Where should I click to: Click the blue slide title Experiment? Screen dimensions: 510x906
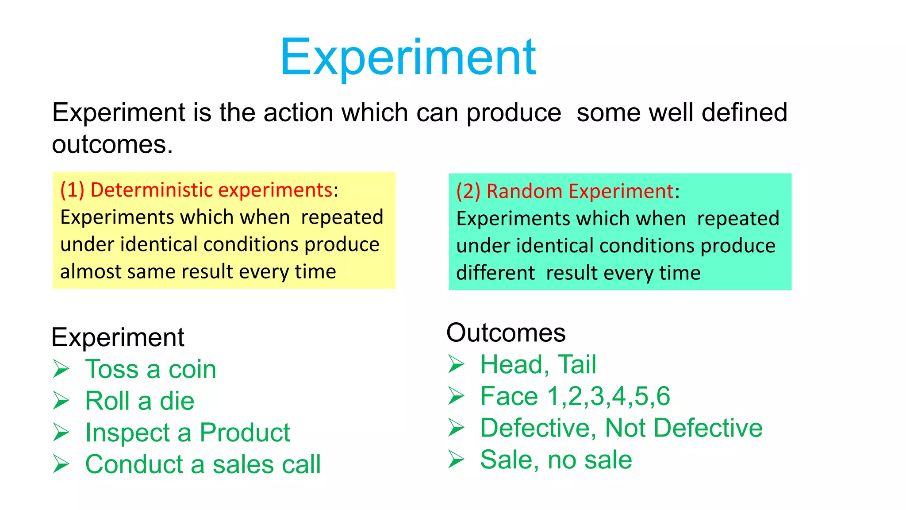click(x=408, y=58)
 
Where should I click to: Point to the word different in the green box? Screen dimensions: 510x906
click(x=495, y=273)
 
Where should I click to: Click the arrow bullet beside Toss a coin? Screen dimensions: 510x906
click(x=61, y=369)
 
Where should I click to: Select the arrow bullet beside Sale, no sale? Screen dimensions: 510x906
click(x=456, y=459)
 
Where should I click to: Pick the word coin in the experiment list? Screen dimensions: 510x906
click(x=192, y=370)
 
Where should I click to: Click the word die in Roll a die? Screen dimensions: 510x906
click(x=177, y=402)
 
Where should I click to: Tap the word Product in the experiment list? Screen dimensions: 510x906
click(x=245, y=433)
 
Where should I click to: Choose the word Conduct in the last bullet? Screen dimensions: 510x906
click(x=134, y=465)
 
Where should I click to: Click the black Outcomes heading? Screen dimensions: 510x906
click(x=506, y=333)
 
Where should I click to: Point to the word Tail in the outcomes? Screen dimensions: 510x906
click(x=577, y=365)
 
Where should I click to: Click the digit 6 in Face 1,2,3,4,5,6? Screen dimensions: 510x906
click(x=663, y=396)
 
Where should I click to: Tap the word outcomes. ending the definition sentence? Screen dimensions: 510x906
click(x=112, y=145)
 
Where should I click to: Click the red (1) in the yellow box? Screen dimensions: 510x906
click(x=72, y=190)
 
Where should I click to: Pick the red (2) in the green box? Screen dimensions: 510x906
click(x=468, y=192)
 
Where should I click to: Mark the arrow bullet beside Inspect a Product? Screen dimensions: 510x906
click(x=61, y=433)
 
